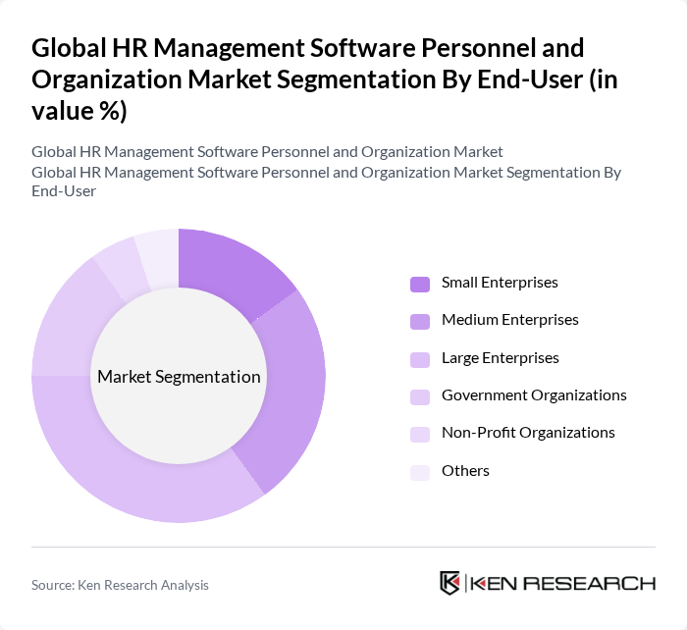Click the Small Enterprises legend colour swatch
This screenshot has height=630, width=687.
pos(419,284)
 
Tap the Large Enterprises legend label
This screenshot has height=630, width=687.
pos(500,358)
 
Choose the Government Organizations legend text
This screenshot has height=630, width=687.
pos(534,395)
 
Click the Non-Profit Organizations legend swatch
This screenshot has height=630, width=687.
pos(419,434)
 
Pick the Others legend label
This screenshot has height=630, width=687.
pos(465,471)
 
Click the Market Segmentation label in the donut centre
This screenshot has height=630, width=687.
pos(179,377)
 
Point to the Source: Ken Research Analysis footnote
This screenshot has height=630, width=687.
pos(120,585)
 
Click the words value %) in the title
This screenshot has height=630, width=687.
pos(79,112)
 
